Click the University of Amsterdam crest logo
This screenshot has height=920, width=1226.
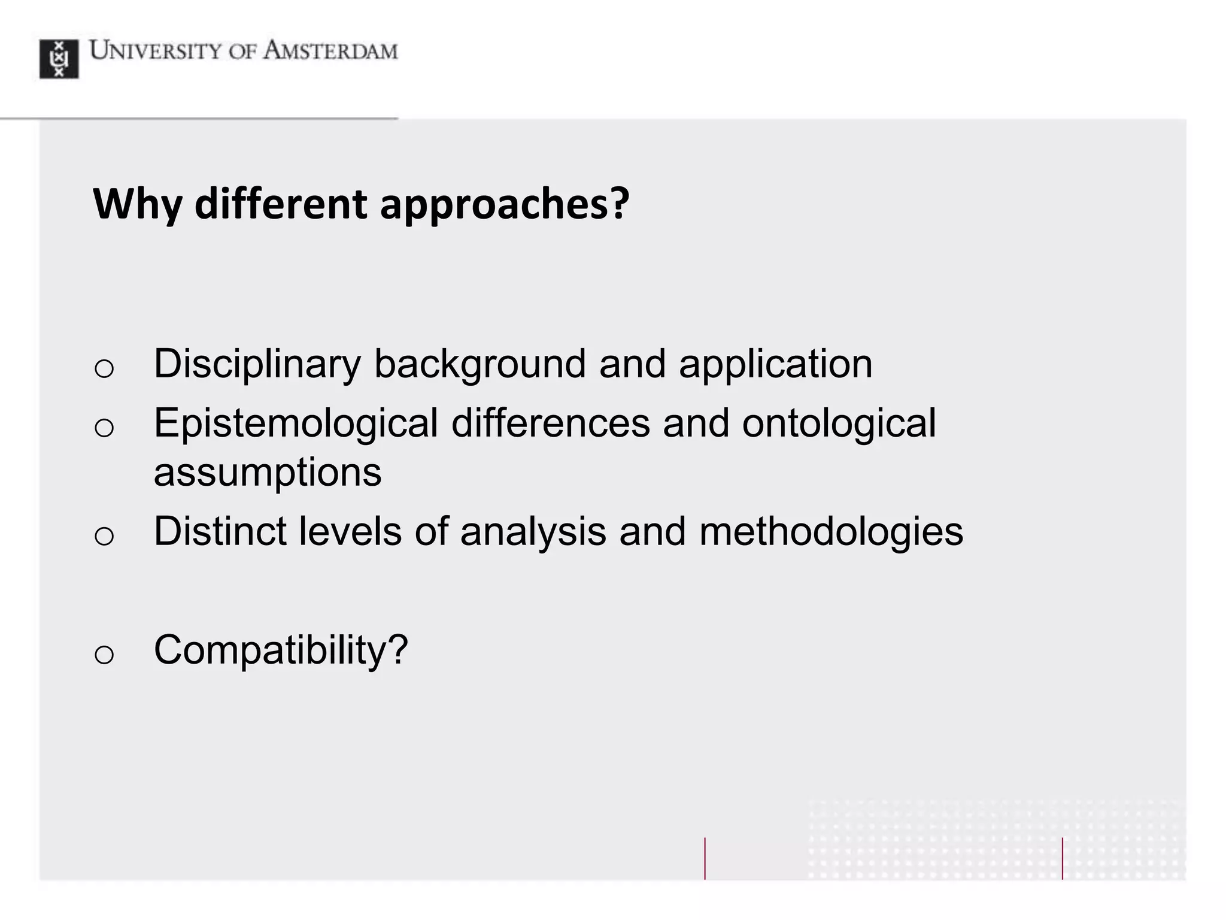click(59, 59)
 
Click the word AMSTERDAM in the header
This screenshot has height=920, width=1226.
click(330, 51)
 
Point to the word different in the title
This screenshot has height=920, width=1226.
click(281, 204)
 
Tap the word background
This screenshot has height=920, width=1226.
click(480, 364)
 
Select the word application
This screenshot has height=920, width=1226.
click(775, 364)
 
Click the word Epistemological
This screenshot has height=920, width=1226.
click(296, 423)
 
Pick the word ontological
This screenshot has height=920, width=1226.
click(839, 423)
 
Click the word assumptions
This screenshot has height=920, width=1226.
click(268, 472)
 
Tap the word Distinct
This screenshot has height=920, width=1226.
click(220, 531)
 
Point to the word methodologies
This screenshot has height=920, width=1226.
click(831, 531)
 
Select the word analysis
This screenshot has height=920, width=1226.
click(533, 531)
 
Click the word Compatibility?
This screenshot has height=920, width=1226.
click(281, 650)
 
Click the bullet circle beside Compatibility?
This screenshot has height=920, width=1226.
click(104, 654)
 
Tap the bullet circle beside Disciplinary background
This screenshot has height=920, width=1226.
click(104, 368)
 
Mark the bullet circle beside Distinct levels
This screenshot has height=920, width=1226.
click(104, 535)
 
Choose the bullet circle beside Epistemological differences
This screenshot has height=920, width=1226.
click(104, 428)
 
